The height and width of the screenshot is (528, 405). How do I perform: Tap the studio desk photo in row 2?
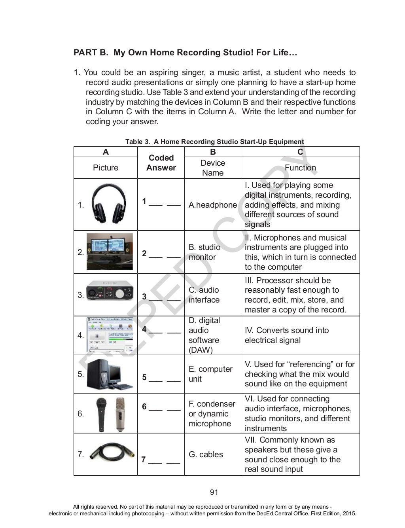point(110,252)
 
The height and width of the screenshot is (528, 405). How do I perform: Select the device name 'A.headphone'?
point(212,205)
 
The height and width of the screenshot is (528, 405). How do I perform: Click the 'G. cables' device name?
point(206,454)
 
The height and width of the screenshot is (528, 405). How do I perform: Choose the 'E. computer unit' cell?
point(210,374)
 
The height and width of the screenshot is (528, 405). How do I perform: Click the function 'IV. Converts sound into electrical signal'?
point(286,335)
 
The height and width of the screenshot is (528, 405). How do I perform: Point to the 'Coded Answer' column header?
point(161,163)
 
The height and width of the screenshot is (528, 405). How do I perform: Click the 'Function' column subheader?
point(300,168)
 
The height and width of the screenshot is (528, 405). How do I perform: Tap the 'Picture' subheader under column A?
point(106,168)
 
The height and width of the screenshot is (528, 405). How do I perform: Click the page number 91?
point(214,492)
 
